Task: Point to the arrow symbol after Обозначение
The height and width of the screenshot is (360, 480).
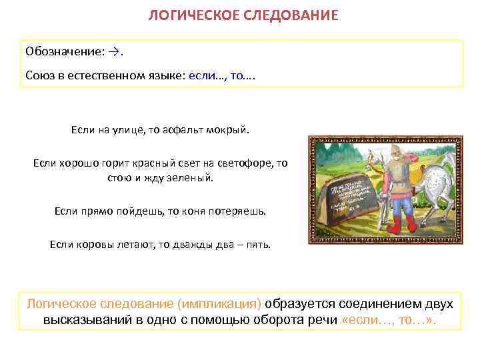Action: (x=116, y=51)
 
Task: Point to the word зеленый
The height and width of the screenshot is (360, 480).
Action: (x=191, y=178)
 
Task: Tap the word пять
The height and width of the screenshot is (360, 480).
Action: (x=257, y=244)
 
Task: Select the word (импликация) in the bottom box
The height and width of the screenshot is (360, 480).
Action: (x=219, y=304)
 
